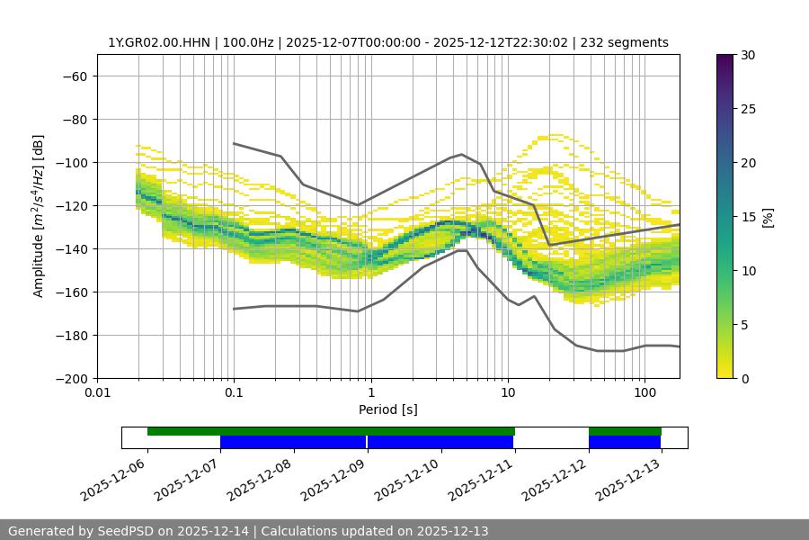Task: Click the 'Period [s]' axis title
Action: (387, 409)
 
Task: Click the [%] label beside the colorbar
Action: (767, 217)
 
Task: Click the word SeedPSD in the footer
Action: (126, 531)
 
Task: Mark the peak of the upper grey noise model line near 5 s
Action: (462, 154)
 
